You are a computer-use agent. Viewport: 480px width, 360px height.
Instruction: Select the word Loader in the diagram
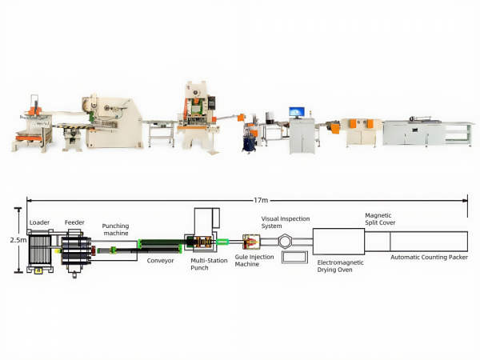(39, 222)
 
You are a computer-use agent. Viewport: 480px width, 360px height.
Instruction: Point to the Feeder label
(74, 222)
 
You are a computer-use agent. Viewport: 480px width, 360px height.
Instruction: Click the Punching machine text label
(115, 230)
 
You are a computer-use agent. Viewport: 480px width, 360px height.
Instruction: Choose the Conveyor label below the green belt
(160, 260)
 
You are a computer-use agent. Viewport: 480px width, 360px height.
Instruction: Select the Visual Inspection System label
(286, 222)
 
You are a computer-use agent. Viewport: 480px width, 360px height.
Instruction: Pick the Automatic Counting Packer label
(429, 258)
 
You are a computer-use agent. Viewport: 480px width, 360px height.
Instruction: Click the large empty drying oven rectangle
(338, 240)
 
